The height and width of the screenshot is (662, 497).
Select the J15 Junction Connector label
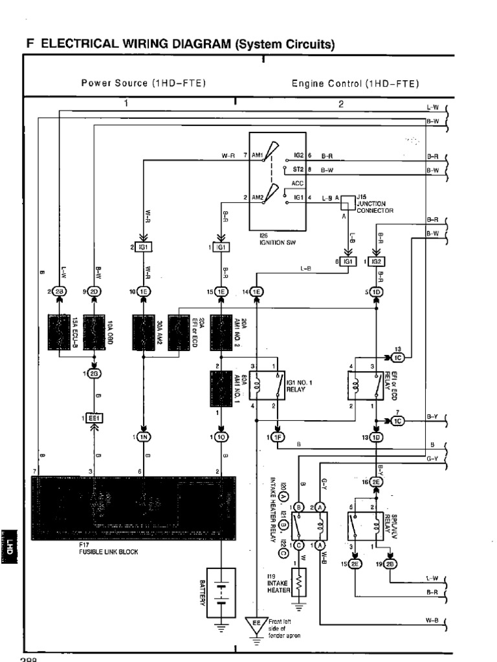pos(375,203)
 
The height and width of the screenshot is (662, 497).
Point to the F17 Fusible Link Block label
pos(108,548)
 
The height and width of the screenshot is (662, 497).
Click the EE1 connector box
pos(94,418)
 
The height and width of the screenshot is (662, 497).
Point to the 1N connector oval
pos(144,438)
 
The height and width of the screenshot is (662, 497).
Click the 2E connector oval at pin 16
pos(377,482)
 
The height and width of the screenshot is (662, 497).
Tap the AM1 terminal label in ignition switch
pos(257,156)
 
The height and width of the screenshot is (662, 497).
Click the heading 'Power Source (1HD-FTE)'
pos(143,83)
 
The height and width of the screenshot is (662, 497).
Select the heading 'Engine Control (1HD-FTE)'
pos(355,83)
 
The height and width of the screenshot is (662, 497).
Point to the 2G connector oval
pos(94,373)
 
